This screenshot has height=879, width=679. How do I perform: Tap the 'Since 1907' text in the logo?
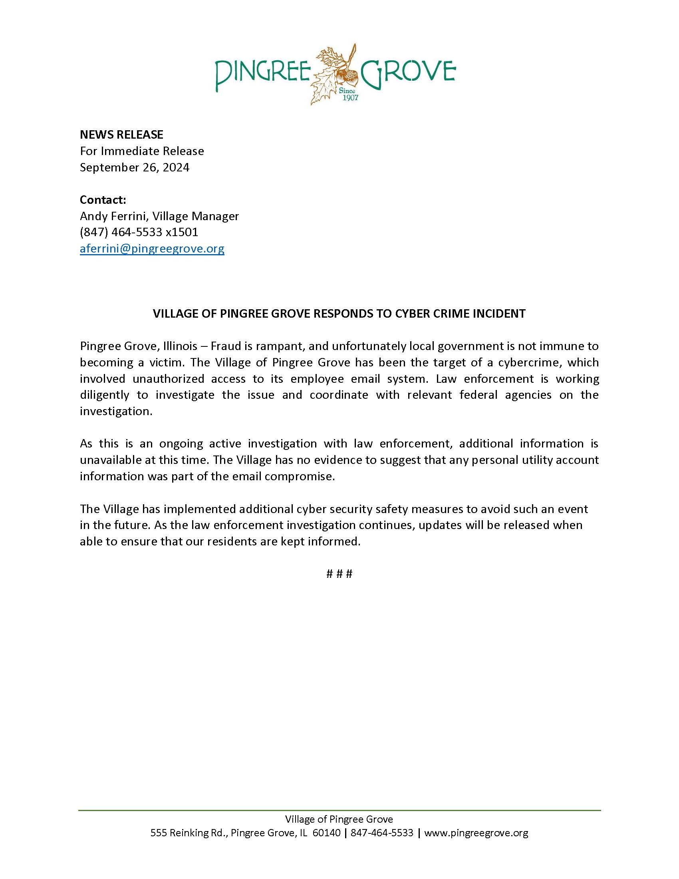coord(348,95)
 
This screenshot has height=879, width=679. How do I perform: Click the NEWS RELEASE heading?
coord(121,134)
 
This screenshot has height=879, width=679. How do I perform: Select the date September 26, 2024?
coord(134,167)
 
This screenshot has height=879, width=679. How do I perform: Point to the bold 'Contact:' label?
coord(103,200)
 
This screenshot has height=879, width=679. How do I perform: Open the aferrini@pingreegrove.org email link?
coord(152,249)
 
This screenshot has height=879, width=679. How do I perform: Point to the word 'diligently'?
coord(105,395)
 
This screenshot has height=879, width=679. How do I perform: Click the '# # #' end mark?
coord(339,574)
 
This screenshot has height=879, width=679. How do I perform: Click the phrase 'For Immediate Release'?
coord(142,151)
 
